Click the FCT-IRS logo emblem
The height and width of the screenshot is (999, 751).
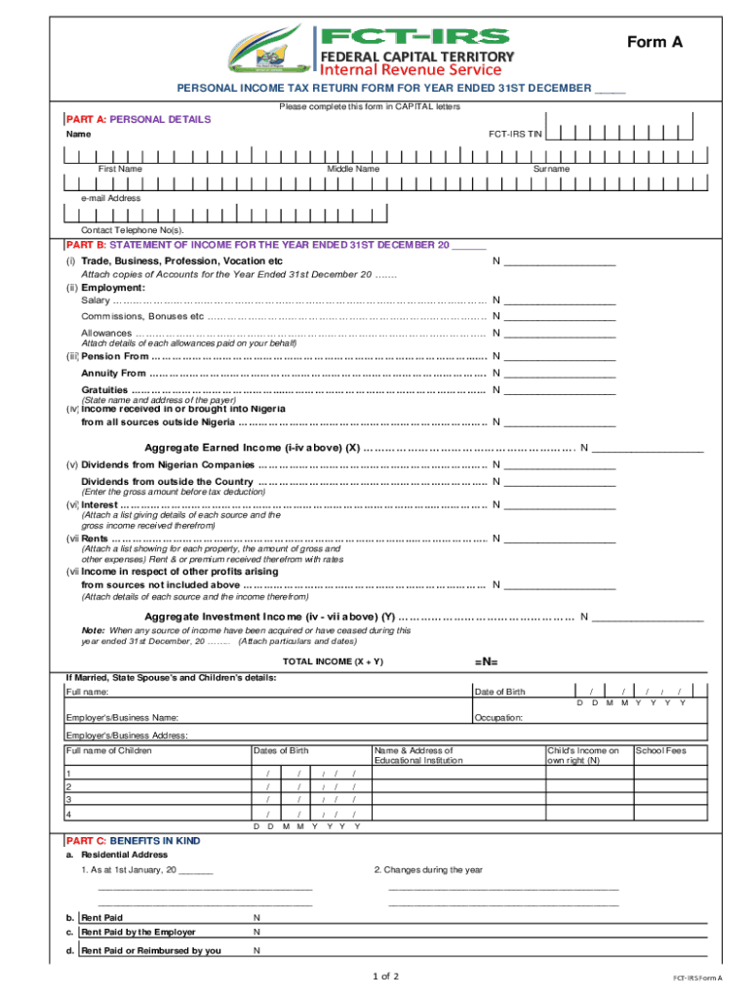[x=267, y=48]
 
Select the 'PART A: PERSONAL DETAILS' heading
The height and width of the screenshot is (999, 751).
[x=138, y=119]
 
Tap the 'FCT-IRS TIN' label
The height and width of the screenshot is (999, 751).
[x=515, y=134]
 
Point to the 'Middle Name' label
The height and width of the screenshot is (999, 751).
[x=353, y=169]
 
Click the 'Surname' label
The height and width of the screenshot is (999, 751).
[x=551, y=169]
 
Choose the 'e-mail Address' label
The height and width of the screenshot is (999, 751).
[x=111, y=198]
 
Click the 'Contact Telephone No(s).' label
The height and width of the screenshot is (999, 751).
[x=132, y=230]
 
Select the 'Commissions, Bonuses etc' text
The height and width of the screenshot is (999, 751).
[x=142, y=317]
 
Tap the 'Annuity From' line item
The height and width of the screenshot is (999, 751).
[x=113, y=374]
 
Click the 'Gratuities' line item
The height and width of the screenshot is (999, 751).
[x=104, y=390]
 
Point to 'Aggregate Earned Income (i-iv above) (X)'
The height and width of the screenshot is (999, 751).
[x=252, y=449]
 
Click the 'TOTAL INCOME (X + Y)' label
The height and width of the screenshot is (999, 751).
[x=333, y=661]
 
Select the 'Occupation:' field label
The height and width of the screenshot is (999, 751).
[x=498, y=718]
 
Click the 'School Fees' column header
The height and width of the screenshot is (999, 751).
[x=659, y=750]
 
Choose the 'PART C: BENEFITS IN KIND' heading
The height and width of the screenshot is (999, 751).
[x=134, y=840]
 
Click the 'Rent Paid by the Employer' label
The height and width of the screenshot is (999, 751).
[x=138, y=933]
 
